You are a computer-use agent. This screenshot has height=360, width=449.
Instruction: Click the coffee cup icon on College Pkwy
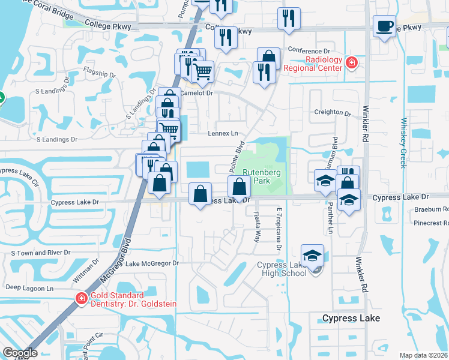[x=384, y=26]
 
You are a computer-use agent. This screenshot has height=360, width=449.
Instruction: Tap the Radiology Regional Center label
[x=312, y=64]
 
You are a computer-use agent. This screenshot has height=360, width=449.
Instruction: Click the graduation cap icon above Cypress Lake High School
[x=313, y=257]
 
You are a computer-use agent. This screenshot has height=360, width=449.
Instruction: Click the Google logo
[x=20, y=353]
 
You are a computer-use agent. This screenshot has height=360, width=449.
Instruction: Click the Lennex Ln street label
[x=223, y=133]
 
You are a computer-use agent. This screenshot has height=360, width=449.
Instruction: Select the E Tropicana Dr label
[x=279, y=229]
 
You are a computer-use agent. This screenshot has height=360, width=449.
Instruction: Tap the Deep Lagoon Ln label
[x=30, y=288]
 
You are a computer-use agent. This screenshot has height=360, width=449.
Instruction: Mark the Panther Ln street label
[x=330, y=222]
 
